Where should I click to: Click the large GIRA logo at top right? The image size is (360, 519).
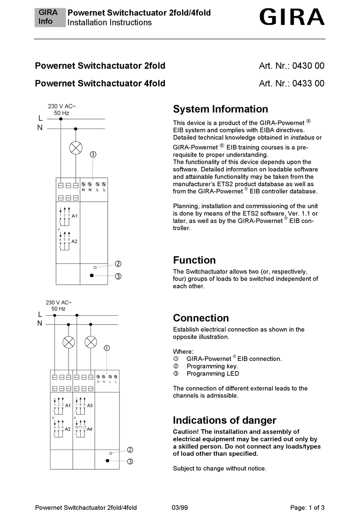pos(292,17)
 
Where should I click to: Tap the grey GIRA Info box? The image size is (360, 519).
pos(49,17)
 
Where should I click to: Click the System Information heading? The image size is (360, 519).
pos(220,109)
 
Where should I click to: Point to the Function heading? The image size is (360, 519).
pos(194,260)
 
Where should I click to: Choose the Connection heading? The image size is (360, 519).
pos(201,318)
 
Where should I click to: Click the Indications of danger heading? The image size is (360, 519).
pos(224,420)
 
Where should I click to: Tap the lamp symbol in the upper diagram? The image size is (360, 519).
pos(76,148)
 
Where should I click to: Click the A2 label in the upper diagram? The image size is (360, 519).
pos(74,241)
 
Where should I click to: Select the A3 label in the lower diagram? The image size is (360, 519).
pos(90,406)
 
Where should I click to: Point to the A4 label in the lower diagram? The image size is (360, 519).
pos(89,429)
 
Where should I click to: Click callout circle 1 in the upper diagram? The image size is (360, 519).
pos(93,154)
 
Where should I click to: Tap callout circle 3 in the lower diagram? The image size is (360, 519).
pos(130,461)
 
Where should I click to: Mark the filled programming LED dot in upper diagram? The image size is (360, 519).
pos(92,276)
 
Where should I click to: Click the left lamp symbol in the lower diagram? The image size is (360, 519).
pos(69,342)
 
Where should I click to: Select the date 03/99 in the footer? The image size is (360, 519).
pos(180,508)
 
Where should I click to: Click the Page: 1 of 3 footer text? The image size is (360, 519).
pos(307,508)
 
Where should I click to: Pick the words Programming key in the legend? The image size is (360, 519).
pos(212,366)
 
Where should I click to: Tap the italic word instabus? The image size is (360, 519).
pos(302,138)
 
